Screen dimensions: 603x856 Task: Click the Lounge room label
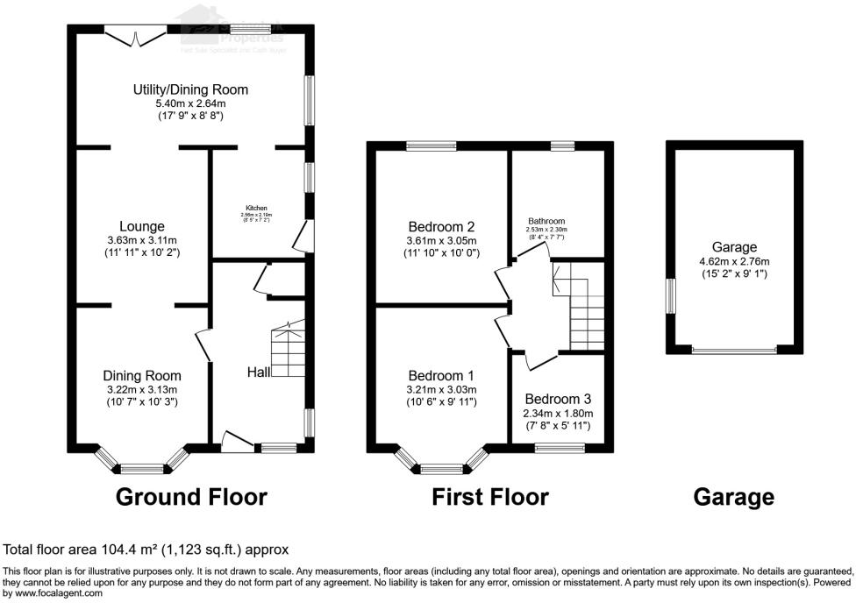[x=143, y=226]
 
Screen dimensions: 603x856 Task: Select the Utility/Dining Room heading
[x=190, y=89]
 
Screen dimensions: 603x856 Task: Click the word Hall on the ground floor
[x=258, y=372]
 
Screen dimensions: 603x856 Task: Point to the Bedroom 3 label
[x=559, y=399]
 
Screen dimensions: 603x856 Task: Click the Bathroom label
[x=546, y=221]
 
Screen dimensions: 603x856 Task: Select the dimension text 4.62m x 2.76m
[x=734, y=261]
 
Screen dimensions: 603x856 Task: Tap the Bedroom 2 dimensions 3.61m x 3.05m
[x=441, y=241]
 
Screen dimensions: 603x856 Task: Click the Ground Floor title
[x=191, y=497]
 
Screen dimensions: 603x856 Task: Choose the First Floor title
[x=489, y=497]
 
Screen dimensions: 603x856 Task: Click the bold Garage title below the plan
[x=734, y=497]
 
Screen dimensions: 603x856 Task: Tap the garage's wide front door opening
[x=734, y=351]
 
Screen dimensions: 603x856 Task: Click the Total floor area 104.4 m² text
[x=146, y=550]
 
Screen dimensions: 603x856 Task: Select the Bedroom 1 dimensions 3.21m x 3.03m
[x=441, y=390]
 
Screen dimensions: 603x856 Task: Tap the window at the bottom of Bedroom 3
[x=559, y=448]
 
